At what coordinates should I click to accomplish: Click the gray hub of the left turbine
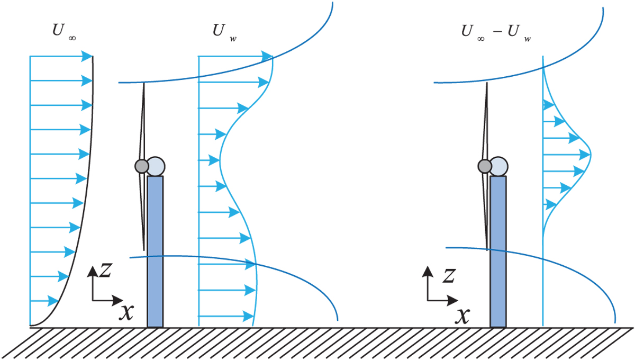point(141,166)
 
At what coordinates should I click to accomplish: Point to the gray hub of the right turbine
point(484,166)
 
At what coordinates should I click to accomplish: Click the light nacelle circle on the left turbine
point(157,166)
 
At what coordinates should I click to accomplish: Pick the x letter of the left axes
point(126,312)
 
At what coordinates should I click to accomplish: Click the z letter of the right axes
point(449,275)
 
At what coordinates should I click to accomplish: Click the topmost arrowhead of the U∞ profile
point(88,56)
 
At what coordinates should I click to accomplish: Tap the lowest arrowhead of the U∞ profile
point(51,301)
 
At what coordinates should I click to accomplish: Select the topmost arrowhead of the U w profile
point(267,56)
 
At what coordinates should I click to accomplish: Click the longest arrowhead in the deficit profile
point(584,155)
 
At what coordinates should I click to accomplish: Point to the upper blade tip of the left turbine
point(143,85)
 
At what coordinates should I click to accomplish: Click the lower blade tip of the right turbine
point(486,247)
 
